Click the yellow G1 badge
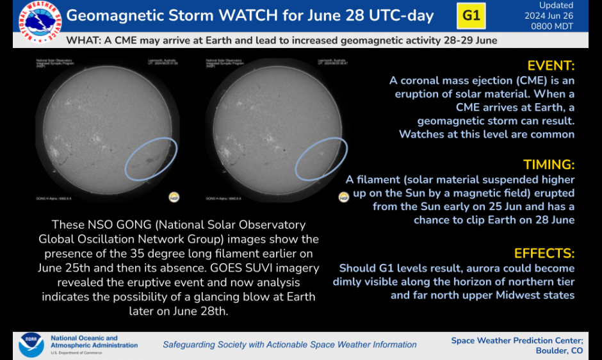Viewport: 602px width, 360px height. [x=471, y=16]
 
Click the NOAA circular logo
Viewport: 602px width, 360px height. [x=31, y=344]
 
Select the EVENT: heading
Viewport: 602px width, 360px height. [x=551, y=66]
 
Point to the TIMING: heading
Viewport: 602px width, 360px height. [x=549, y=165]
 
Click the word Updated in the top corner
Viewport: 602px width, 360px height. [x=556, y=6]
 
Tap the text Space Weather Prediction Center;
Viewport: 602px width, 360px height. [x=517, y=340]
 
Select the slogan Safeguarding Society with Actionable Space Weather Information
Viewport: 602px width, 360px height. [x=289, y=345]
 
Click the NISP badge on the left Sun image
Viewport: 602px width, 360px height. [x=174, y=197]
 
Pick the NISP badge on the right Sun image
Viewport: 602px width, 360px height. [x=344, y=197]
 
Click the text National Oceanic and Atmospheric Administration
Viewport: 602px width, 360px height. [x=94, y=341]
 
